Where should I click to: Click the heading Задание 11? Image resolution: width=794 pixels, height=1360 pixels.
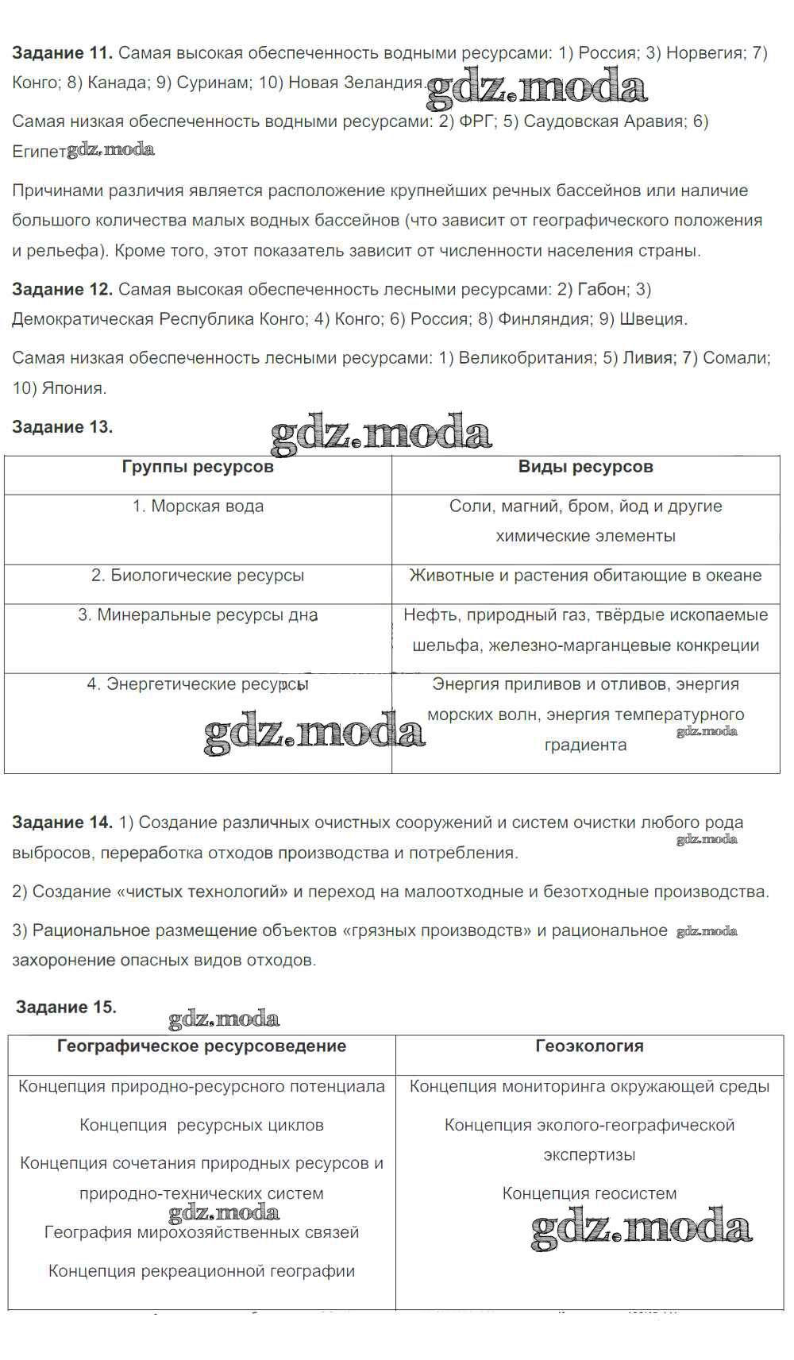pos(62,53)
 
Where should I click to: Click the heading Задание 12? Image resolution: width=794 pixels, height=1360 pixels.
pos(62,289)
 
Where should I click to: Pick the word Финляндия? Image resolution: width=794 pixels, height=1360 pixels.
pos(545,319)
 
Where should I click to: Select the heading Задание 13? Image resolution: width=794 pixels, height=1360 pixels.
pos(62,427)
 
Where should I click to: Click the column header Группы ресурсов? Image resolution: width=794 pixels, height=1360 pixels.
pos(198,467)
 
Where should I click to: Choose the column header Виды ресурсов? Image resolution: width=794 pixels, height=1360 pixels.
pos(586,467)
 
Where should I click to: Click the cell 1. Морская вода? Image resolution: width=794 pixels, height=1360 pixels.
pos(198,507)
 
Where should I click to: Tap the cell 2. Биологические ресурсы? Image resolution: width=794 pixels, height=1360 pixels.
pos(198,576)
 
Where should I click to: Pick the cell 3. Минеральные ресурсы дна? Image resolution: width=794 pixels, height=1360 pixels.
pos(198,615)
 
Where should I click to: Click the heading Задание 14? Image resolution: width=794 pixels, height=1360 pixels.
pos(62,823)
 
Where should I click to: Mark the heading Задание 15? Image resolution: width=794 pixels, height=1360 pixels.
pos(66,1007)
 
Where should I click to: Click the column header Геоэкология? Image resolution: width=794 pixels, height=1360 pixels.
pos(589,1046)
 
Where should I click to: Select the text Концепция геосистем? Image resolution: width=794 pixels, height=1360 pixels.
pos(589,1194)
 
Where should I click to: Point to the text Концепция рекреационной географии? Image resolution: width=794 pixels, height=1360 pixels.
pos(202,1271)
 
